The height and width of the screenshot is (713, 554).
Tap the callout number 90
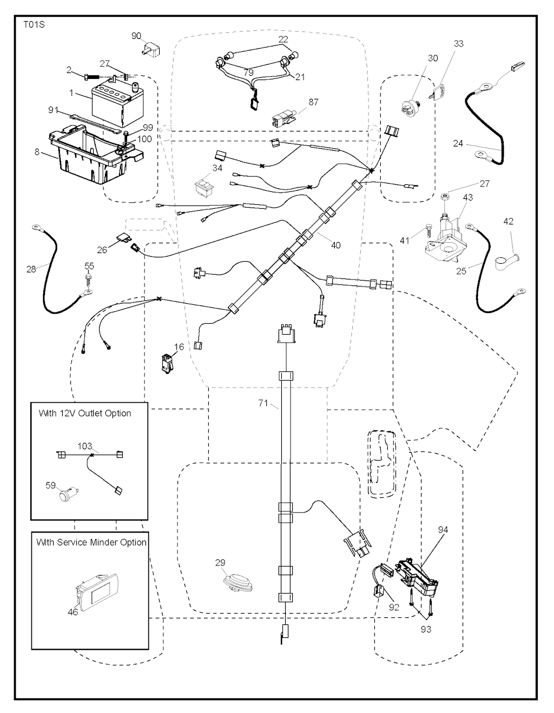136,36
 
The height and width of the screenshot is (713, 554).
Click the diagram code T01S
34,24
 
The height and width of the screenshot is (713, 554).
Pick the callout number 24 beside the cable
458,143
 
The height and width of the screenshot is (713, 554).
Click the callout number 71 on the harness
263,403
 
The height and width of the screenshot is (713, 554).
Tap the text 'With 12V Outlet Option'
85,414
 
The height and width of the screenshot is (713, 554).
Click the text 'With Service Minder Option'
91,542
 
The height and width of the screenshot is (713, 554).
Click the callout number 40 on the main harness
335,245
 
